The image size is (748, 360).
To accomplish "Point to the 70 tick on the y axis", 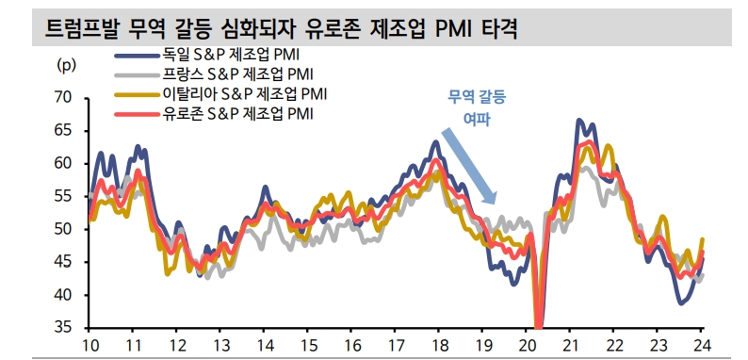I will point(64,97).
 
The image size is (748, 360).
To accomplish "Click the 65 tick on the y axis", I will point(64,130).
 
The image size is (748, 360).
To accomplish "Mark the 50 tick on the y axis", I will point(64,229).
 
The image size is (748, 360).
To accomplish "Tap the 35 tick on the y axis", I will point(64,328).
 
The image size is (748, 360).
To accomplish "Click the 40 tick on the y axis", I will point(64,295).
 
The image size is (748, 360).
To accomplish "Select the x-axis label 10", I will point(92,345).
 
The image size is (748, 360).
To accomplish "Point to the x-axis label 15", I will point(308,345).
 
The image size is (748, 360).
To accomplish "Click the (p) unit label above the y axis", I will point(67,65).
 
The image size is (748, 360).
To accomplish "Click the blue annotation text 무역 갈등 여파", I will point(476,106).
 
